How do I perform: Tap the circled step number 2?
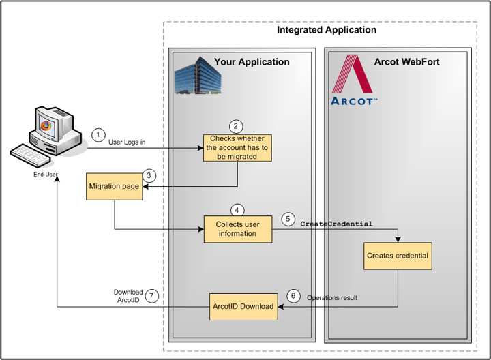click(x=236, y=126)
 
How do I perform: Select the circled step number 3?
click(x=151, y=175)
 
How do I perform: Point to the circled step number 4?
click(x=237, y=210)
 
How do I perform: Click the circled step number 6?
click(x=293, y=297)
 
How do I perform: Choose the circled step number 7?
click(x=153, y=297)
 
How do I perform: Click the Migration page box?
click(x=113, y=187)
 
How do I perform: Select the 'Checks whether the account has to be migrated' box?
click(x=237, y=147)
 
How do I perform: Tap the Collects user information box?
click(x=237, y=229)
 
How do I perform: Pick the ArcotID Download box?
click(x=243, y=306)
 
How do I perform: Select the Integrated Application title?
click(x=326, y=31)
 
